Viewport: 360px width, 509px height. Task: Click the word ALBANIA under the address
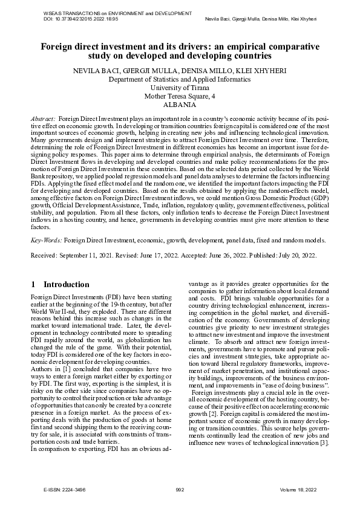(180, 105)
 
